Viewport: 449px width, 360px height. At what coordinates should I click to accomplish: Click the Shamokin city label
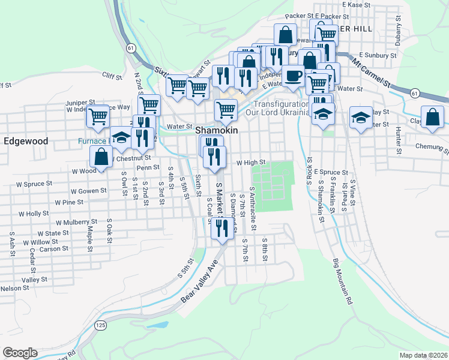point(217,130)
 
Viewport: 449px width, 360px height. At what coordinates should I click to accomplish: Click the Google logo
point(20,352)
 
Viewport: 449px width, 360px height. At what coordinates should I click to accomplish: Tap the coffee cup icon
point(293,77)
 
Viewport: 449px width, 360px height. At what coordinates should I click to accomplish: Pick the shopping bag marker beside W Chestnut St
point(101,158)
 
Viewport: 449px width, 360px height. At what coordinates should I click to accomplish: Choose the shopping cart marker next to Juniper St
point(98,116)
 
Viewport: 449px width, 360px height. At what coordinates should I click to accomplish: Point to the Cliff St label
point(112,76)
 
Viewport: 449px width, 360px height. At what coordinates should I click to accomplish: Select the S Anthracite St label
point(253,211)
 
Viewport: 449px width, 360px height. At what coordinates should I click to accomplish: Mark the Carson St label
point(54,248)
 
